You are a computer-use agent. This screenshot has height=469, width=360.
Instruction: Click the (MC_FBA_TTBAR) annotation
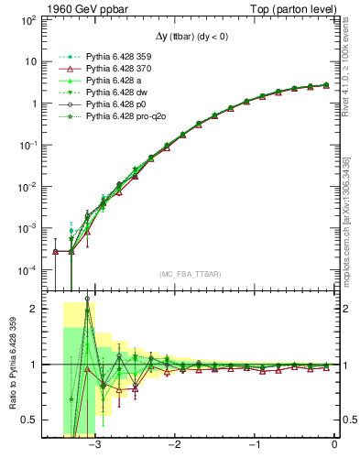tap(189, 275)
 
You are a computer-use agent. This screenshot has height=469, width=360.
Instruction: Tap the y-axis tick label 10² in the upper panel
tap(28, 19)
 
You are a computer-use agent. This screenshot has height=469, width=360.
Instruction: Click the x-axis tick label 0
tap(335, 443)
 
